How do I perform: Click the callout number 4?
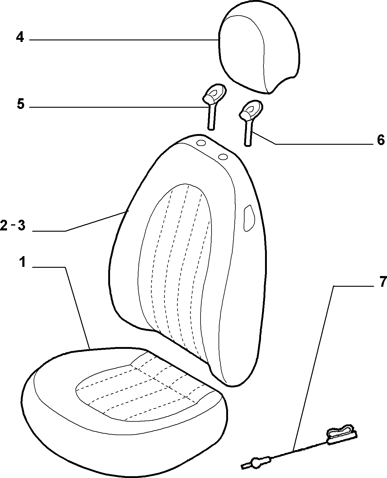(x=20, y=37)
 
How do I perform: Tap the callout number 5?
(x=20, y=104)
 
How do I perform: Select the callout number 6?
(x=381, y=140)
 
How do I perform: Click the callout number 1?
(x=22, y=262)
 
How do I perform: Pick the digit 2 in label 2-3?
(x=4, y=225)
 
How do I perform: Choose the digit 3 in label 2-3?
(x=21, y=225)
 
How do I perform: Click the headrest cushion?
(x=259, y=48)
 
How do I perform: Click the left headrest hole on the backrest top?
(x=201, y=143)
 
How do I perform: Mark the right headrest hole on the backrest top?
(x=223, y=157)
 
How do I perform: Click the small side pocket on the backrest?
(x=249, y=218)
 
